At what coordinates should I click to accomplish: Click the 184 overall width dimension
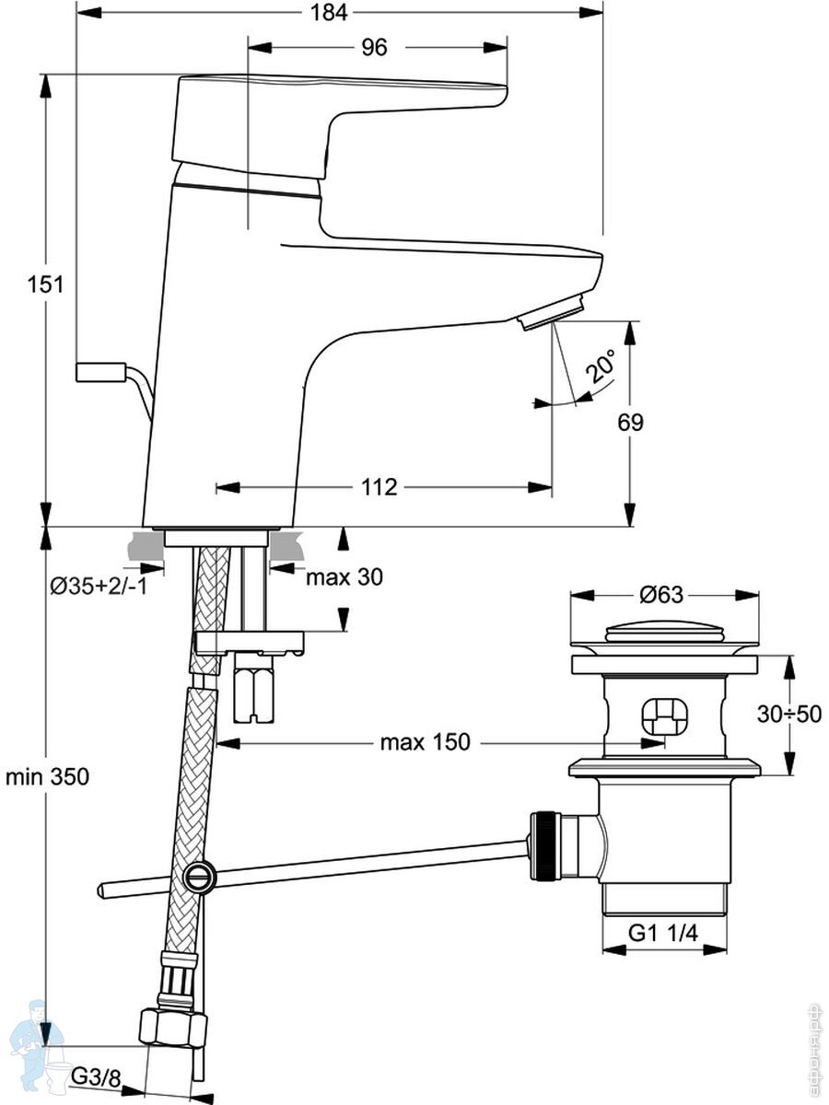[x=328, y=12]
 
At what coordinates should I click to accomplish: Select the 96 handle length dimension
[x=375, y=47]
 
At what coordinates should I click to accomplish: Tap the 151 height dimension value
[x=45, y=285]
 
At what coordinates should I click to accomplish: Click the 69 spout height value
[x=630, y=423]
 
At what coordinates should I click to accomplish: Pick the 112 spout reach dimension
[x=379, y=487]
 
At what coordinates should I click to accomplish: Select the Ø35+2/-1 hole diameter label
[x=99, y=587]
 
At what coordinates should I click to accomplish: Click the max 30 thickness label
[x=344, y=577]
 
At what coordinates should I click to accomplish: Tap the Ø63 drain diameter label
[x=661, y=596]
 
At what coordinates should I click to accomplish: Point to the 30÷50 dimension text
[x=789, y=714]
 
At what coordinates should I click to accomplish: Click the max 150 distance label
[x=426, y=742]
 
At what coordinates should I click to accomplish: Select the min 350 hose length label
[x=47, y=777]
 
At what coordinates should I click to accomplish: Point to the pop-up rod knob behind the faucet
[x=100, y=371]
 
